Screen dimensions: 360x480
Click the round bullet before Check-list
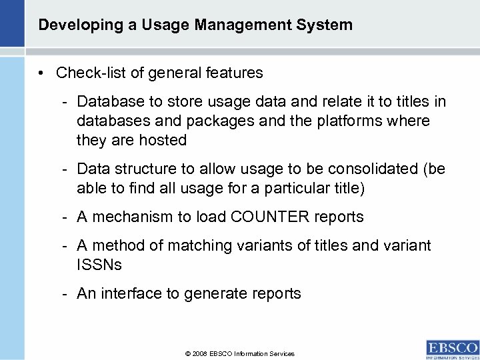[x=42, y=72]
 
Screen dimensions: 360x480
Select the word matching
[x=200, y=245]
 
